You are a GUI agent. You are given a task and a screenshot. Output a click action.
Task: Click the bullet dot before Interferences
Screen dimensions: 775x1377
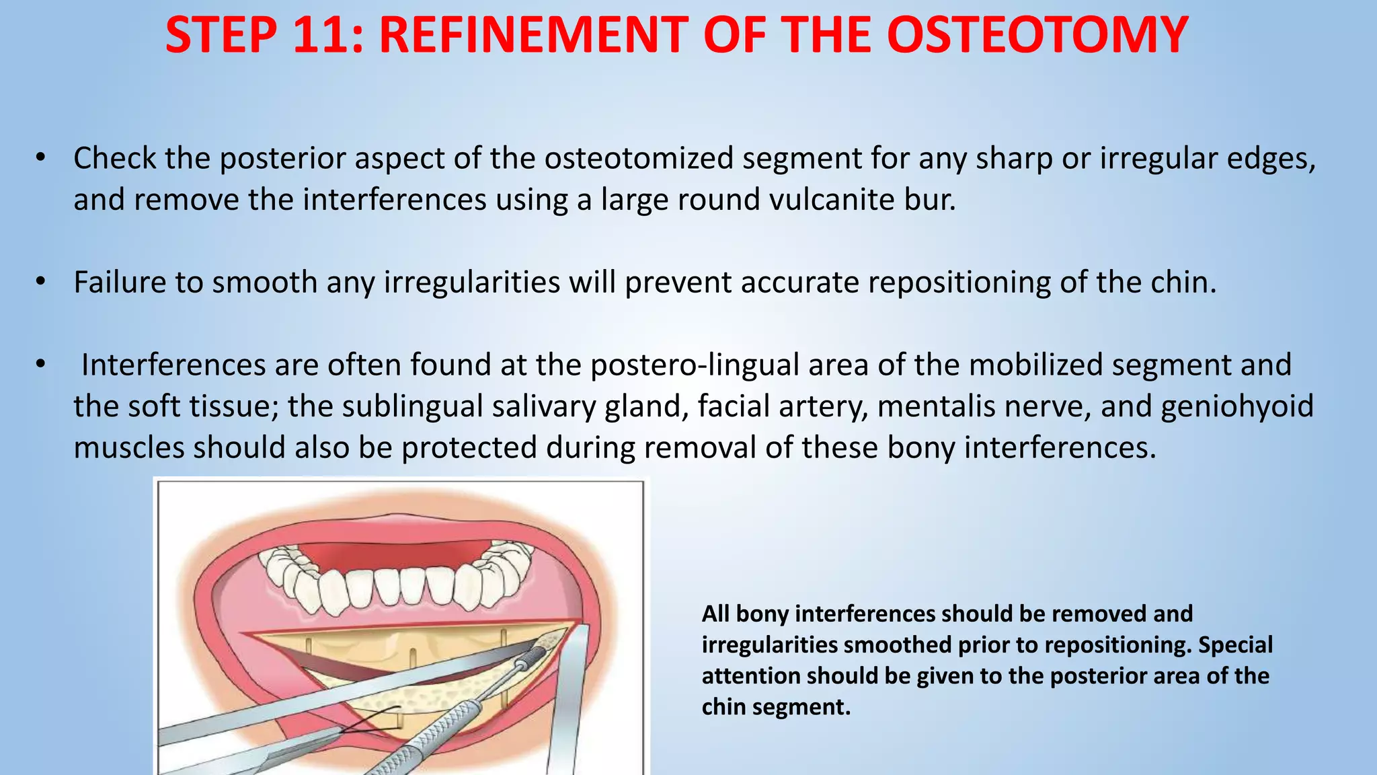[41, 364]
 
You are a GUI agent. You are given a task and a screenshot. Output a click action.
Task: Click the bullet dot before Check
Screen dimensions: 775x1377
[41, 158]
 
